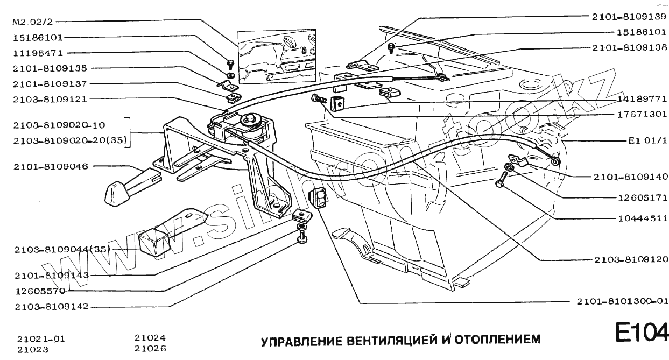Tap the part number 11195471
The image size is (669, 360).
[38, 53]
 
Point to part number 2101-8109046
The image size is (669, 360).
[51, 166]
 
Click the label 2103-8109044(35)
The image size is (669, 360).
[62, 249]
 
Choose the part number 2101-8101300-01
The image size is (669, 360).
[623, 301]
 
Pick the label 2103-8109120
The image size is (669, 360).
[631, 259]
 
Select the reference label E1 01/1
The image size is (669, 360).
[647, 142]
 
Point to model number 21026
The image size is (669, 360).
[150, 349]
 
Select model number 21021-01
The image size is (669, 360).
[41, 339]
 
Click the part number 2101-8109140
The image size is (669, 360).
[631, 177]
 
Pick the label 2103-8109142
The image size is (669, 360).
[51, 307]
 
